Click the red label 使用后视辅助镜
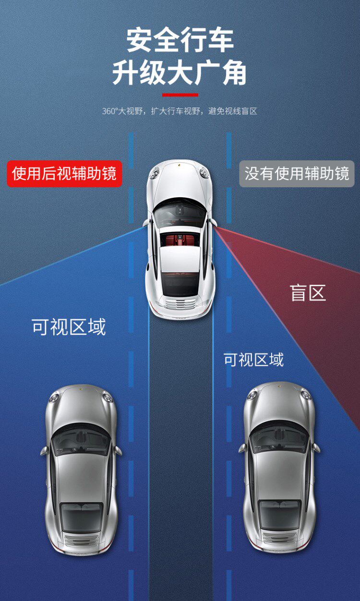(x=64, y=173)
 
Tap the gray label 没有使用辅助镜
(x=297, y=173)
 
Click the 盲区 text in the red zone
(x=308, y=292)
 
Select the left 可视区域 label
(x=69, y=327)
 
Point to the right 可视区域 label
(x=253, y=360)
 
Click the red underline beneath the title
(x=180, y=95)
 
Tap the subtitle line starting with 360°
(x=180, y=111)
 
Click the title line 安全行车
(x=180, y=40)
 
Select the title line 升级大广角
(x=180, y=73)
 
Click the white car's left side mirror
(x=146, y=223)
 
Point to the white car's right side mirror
(x=214, y=223)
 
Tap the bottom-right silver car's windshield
(x=279, y=438)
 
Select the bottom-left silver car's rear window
(x=81, y=517)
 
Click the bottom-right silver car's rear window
(x=280, y=514)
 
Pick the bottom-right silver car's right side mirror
(x=316, y=447)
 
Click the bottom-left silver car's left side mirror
(x=44, y=451)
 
